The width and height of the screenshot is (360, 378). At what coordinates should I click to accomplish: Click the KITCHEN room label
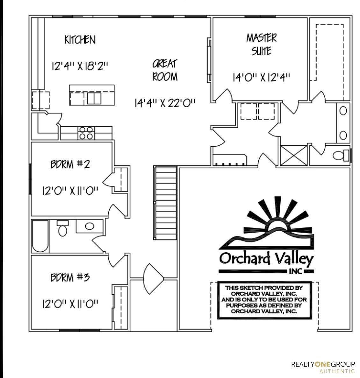80,40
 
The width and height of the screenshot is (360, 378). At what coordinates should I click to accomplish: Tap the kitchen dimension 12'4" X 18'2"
80,66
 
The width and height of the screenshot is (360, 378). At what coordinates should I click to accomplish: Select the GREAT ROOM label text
165,70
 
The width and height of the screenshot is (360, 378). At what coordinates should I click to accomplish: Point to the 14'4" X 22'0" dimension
165,103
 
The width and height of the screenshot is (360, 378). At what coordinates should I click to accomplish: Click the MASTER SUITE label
262,45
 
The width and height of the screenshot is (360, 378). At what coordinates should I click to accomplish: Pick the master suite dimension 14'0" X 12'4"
262,77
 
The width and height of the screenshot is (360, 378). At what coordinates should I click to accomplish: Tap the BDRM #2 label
70,164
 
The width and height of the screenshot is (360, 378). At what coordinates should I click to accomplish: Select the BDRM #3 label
70,277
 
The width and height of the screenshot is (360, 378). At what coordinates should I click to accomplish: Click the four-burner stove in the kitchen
86,133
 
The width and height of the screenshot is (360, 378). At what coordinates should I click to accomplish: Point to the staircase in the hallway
165,203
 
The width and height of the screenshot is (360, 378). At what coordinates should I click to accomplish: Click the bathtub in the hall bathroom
40,236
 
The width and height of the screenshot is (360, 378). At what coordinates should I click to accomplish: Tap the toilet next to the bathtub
62,228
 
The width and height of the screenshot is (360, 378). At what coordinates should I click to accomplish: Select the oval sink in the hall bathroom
90,226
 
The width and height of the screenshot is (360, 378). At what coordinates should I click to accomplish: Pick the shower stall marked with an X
294,155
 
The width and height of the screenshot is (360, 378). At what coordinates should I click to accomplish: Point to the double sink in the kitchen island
94,98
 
